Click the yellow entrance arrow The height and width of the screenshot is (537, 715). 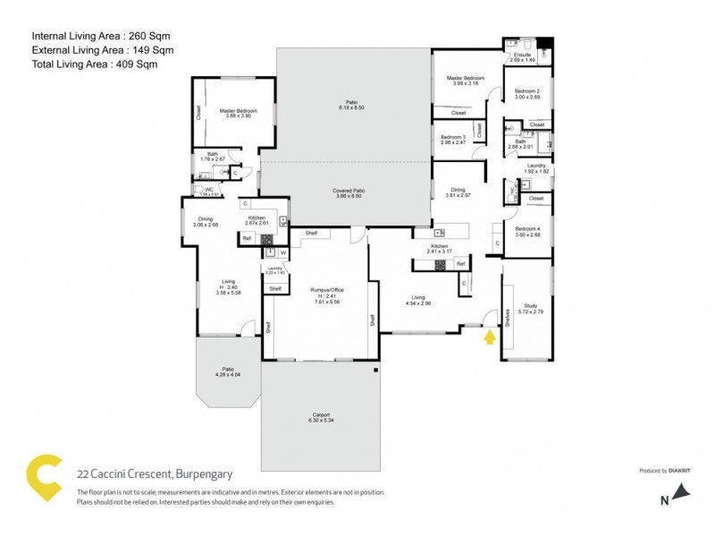point(488,337)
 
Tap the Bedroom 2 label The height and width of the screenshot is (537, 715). point(526,94)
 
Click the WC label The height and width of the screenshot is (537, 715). point(207,191)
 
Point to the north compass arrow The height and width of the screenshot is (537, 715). point(682,490)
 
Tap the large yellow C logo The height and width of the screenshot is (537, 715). point(46,477)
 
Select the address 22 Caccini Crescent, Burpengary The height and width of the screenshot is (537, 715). point(147,475)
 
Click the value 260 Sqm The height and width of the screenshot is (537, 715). point(150,36)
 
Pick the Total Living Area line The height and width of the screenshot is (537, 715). point(103,64)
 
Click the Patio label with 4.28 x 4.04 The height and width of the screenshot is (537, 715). point(223,371)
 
